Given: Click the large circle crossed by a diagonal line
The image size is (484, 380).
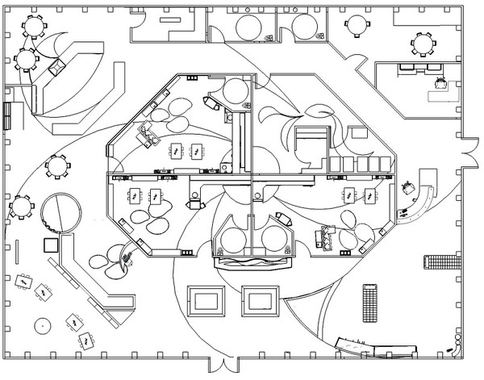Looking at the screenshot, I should tap(61, 215).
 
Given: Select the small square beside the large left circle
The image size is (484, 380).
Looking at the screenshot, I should tap(50, 245).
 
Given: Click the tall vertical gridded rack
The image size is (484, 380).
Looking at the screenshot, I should tap(370, 300).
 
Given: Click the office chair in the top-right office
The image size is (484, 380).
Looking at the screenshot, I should tap(440, 81).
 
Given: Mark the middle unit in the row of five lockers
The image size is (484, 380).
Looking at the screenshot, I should tap(361, 164).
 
